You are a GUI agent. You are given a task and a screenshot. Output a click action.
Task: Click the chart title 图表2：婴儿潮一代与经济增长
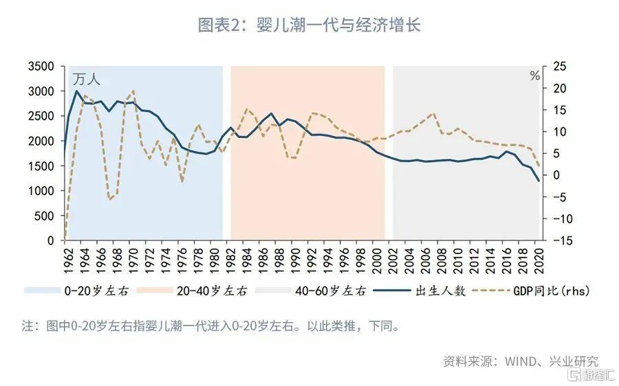309,25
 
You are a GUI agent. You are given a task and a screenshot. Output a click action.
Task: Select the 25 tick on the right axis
558,67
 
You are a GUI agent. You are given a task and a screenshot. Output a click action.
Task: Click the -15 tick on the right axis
558,240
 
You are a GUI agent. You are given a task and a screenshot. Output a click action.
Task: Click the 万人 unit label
87,79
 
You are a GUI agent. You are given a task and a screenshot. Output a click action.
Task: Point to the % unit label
534,76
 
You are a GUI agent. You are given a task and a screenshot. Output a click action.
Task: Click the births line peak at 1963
76,91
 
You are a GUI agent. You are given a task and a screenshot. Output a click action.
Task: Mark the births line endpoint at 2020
538,181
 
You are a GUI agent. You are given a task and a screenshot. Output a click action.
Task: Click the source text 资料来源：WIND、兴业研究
520,361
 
